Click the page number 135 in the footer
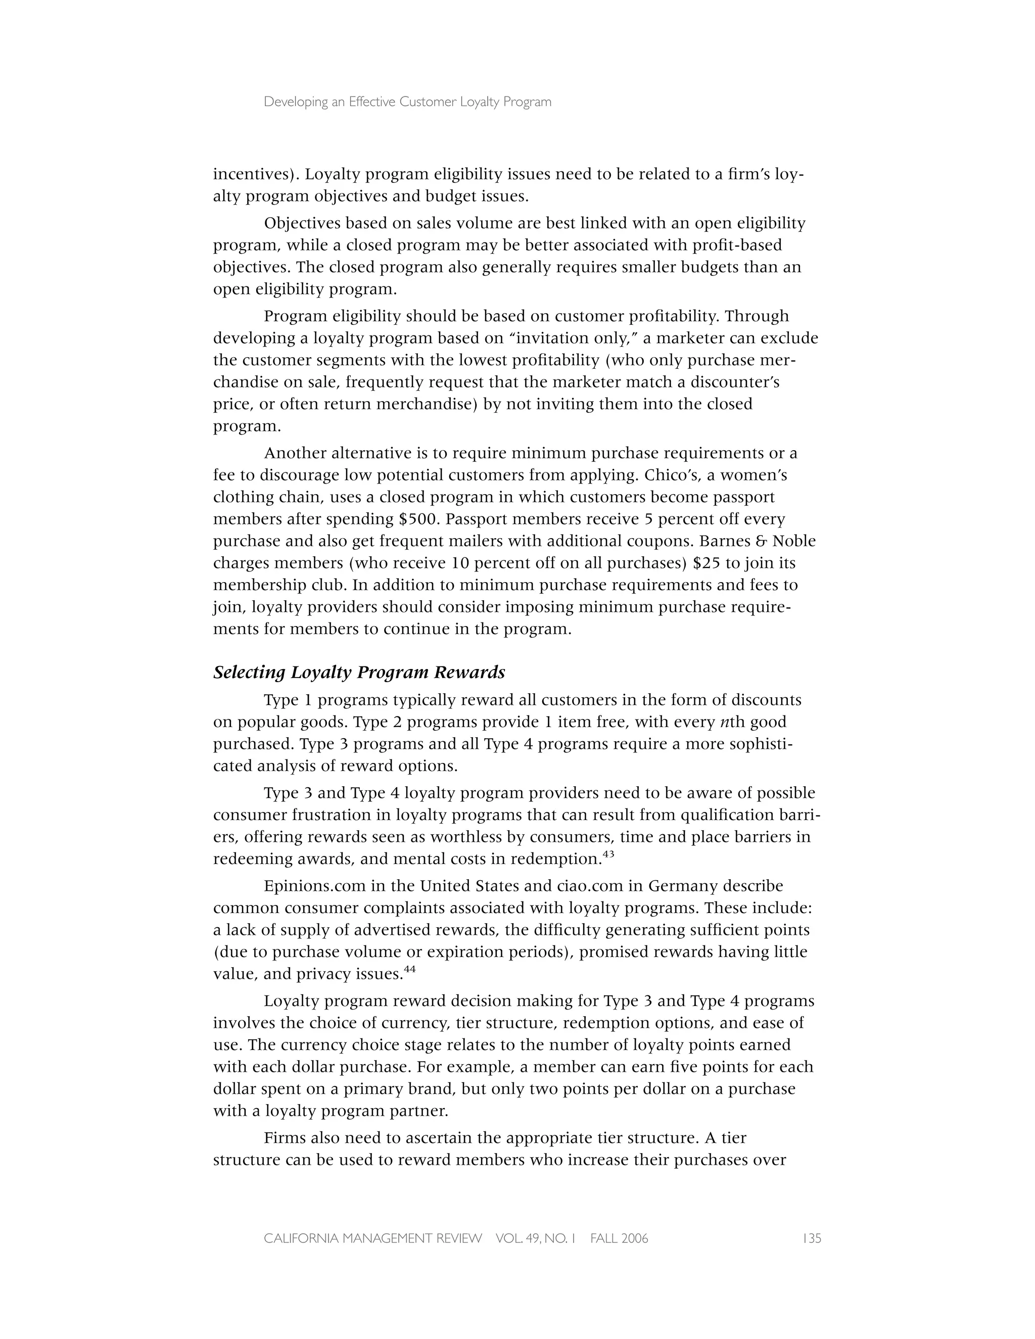point(811,1238)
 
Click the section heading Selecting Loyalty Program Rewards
point(359,673)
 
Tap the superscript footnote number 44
point(409,969)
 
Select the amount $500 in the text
point(419,519)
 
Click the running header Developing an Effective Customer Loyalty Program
point(407,103)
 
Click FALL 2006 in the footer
point(619,1238)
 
